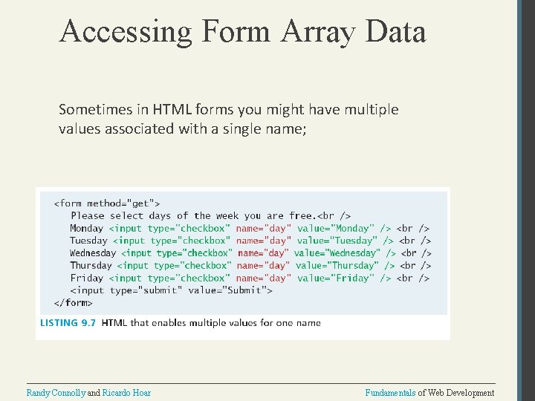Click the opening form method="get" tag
[107, 203]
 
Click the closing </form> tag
[74, 302]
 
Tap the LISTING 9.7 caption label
[68, 323]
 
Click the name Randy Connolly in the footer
[56, 393]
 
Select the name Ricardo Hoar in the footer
[126, 393]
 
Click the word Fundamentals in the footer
[391, 393]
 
